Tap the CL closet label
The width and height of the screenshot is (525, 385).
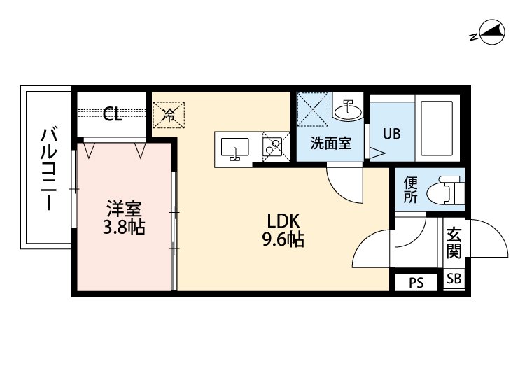[113, 114]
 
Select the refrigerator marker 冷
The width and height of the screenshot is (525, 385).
[169, 114]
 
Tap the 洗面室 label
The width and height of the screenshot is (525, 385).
[330, 145]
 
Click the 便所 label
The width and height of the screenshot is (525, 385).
[411, 190]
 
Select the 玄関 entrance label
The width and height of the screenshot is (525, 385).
[454, 242]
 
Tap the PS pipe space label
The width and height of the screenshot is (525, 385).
[416, 283]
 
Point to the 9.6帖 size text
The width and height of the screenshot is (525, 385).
[283, 240]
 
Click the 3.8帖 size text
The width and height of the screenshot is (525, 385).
[124, 227]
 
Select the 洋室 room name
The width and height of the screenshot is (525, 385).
[124, 208]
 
